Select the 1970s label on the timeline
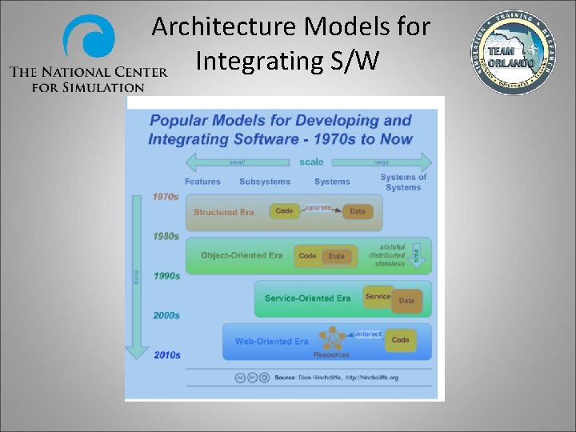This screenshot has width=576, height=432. [166, 197]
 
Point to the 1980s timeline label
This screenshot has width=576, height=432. [166, 236]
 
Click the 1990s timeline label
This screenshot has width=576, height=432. [166, 276]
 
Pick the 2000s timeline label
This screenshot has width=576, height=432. [166, 315]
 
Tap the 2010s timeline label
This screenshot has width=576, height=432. [166, 354]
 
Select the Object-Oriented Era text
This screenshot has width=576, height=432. [242, 256]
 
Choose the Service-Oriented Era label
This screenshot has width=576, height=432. [307, 298]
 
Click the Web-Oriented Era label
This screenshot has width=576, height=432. [271, 342]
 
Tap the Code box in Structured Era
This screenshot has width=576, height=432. [285, 211]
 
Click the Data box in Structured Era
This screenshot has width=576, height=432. [357, 212]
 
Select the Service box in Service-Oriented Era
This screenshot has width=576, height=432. [377, 297]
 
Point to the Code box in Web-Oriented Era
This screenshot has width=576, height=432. [400, 340]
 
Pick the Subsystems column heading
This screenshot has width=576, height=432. [264, 182]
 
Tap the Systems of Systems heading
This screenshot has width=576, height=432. [403, 182]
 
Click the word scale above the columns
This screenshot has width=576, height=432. [311, 162]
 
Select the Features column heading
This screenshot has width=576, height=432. [202, 182]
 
